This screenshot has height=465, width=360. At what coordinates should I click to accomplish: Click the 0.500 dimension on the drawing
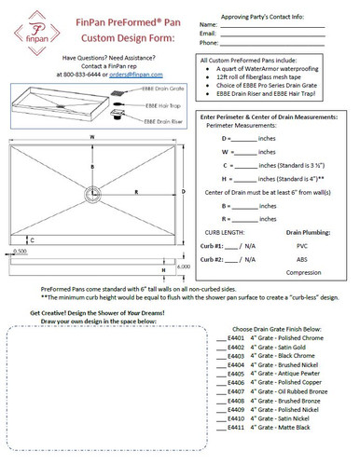click(20, 251)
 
